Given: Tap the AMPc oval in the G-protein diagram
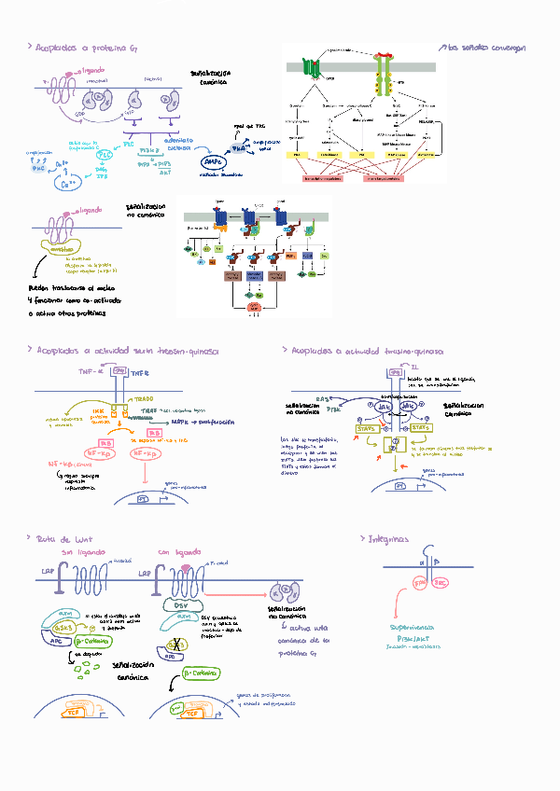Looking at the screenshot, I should (x=214, y=162).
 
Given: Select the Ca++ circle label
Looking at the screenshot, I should (x=68, y=184).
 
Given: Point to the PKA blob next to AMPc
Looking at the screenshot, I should (x=239, y=146).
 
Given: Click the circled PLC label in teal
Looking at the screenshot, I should (x=105, y=156).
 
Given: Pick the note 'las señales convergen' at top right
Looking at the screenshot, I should (x=485, y=47).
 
